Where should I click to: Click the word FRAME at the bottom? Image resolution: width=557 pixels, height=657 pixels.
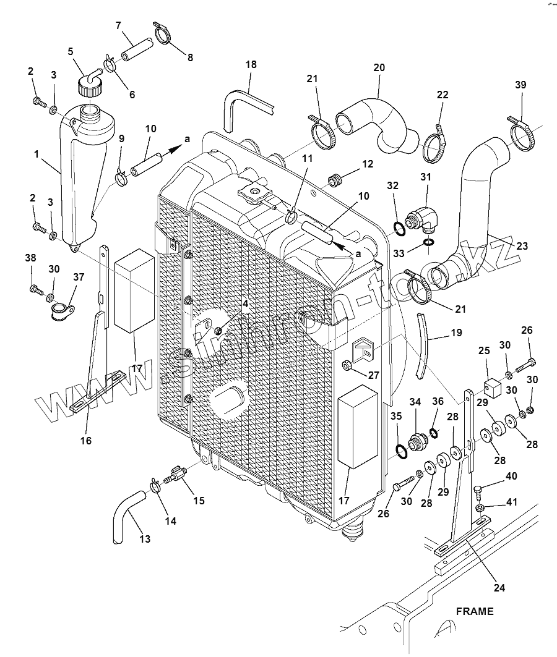475,611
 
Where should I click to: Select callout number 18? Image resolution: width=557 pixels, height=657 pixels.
250,65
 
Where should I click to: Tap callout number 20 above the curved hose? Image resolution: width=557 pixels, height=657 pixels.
379,67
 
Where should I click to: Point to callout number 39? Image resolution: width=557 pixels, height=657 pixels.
520,85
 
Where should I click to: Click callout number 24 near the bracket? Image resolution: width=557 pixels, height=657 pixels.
499,588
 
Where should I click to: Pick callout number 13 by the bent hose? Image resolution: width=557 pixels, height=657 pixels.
144,539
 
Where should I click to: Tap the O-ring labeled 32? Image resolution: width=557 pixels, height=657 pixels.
400,230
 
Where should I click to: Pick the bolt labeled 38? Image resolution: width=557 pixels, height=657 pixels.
35,287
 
